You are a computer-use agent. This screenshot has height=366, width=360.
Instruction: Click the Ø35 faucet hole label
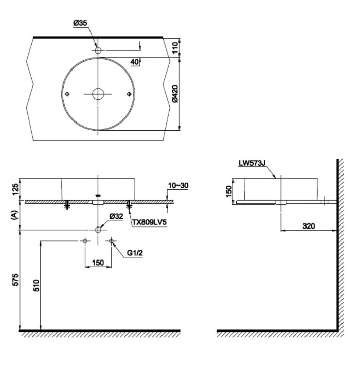(x=80, y=23)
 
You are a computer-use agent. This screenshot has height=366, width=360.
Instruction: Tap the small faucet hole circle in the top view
(x=98, y=50)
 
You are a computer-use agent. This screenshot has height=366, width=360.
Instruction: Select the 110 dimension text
(x=175, y=47)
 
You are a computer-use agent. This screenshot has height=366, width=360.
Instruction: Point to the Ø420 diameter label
(x=175, y=94)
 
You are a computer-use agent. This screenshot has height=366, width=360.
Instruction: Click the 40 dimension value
(x=135, y=62)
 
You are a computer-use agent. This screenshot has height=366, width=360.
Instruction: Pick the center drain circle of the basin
(x=98, y=94)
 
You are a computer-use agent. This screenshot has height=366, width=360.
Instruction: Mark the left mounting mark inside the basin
(x=67, y=94)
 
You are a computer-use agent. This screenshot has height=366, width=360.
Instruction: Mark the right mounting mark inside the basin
(x=129, y=94)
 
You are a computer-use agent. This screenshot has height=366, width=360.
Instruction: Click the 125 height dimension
(x=15, y=189)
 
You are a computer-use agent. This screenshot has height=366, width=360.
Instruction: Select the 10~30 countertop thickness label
(x=178, y=185)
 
